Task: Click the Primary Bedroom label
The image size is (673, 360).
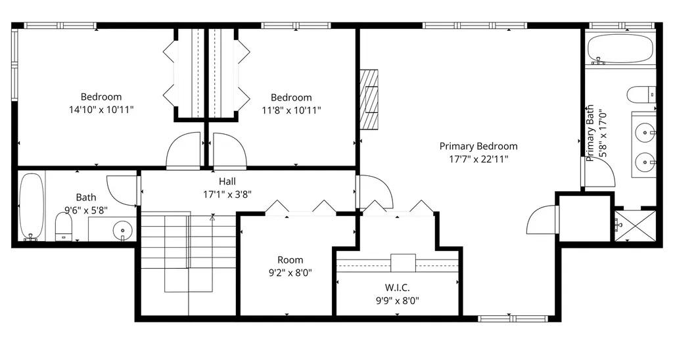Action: [478, 146]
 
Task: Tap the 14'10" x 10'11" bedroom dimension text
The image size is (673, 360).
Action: [101, 110]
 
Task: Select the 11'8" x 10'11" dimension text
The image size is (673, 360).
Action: [291, 111]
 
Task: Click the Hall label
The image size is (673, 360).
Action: [227, 181]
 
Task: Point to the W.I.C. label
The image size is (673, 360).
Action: [397, 288]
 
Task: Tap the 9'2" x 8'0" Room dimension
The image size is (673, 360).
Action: [290, 273]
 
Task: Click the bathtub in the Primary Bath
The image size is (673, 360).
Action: [619, 49]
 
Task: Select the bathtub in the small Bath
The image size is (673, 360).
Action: [32, 206]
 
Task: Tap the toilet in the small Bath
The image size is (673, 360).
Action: [64, 227]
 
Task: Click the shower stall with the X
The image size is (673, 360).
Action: [636, 226]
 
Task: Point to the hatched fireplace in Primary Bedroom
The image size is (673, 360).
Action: [369, 99]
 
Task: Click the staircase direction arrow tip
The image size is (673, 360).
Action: [212, 216]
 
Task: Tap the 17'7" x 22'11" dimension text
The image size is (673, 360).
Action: [478, 159]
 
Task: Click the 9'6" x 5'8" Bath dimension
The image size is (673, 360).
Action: [86, 210]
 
